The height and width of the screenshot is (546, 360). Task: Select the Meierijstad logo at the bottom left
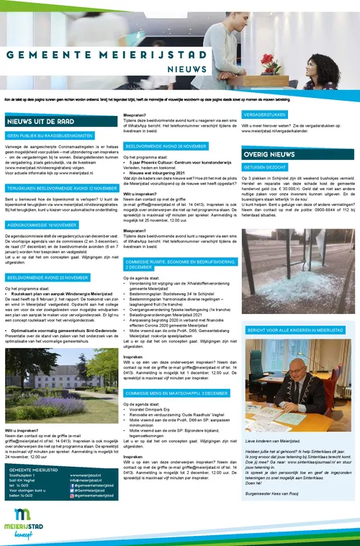[27, 522]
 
